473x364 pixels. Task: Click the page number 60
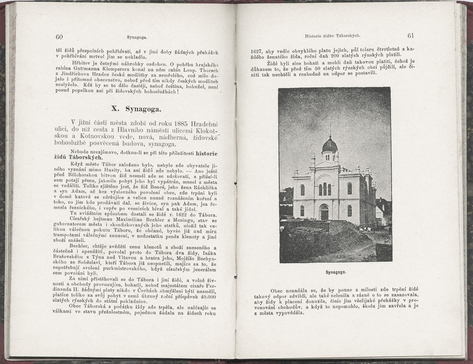click(x=59, y=37)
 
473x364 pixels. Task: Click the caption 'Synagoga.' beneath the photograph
click(x=335, y=273)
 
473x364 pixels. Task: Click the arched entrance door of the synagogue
click(x=324, y=212)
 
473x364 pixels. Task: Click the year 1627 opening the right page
click(x=258, y=51)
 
